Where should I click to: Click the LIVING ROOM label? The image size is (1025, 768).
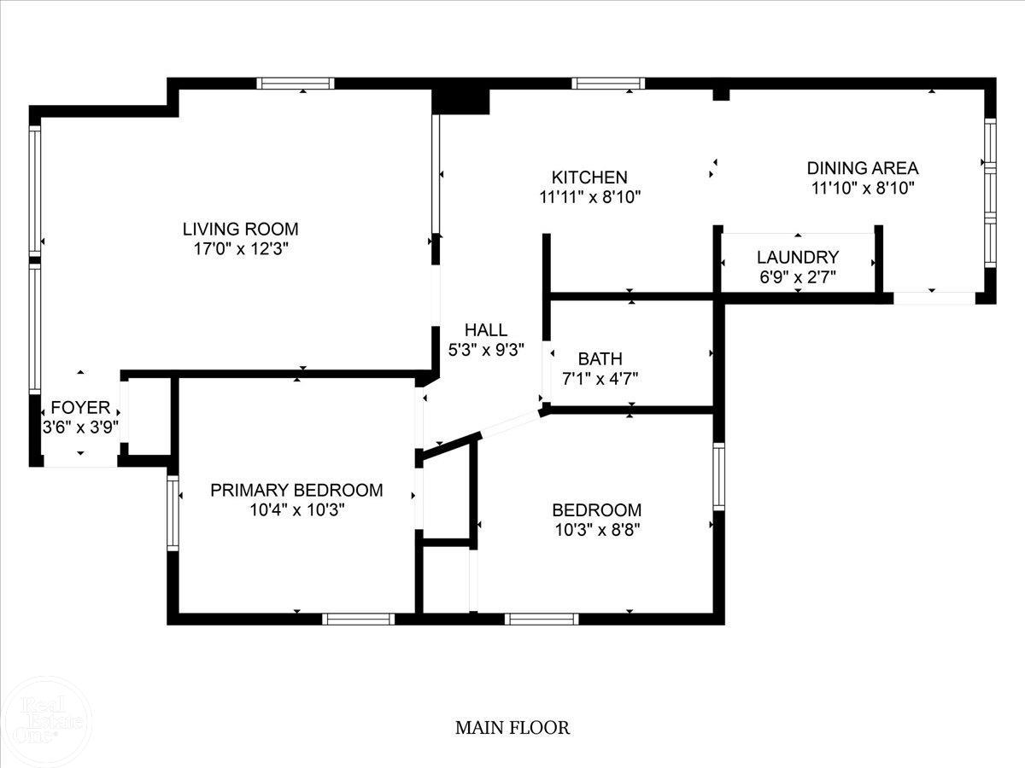[240, 229]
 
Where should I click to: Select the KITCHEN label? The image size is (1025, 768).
[589, 177]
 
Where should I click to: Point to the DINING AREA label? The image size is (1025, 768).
[863, 168]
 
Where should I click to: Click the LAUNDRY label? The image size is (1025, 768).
[798, 257]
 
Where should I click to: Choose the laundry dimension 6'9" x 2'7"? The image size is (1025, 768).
[798, 276]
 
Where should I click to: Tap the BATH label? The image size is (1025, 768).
[600, 358]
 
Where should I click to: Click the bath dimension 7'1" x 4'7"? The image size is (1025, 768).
[600, 378]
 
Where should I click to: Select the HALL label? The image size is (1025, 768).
[485, 330]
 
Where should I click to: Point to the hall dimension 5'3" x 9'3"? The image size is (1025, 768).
[485, 349]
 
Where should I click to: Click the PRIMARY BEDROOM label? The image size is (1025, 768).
[296, 491]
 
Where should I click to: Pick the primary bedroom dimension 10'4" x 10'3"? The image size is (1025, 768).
[296, 509]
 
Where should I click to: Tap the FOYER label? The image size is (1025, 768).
[80, 407]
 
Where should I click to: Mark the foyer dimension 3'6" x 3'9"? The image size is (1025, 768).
[80, 428]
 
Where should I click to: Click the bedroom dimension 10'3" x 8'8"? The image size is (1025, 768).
[596, 529]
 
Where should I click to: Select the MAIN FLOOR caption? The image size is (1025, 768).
[512, 728]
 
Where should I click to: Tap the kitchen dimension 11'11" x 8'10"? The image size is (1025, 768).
[589, 197]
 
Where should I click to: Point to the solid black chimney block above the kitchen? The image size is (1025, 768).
[460, 98]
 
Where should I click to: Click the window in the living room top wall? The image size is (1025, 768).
[296, 83]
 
